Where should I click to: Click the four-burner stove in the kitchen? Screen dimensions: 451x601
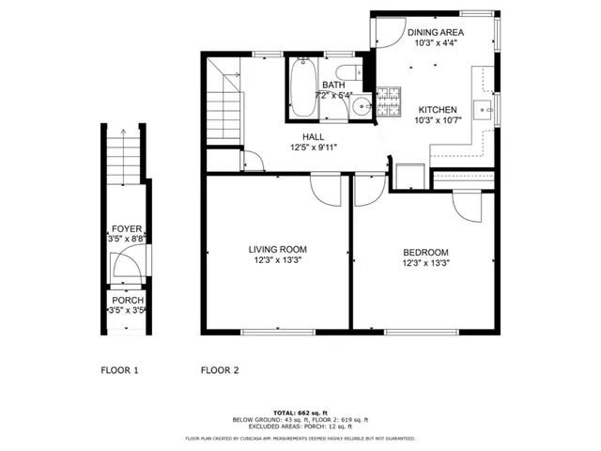pos(389,100)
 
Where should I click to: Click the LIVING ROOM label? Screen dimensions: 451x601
pos(278,249)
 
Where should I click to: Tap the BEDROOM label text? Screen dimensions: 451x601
pos(425,252)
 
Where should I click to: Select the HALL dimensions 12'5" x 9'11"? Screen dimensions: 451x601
pos(313,147)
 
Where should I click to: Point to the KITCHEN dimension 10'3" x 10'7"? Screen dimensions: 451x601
pos(438,120)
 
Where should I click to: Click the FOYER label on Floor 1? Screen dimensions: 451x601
pos(127,228)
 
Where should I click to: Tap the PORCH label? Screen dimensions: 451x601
pos(127,300)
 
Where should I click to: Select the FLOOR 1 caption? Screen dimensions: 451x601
pos(119,370)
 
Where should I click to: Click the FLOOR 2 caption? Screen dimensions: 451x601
pos(219,370)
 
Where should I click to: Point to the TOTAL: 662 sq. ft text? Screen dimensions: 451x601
pos(300,412)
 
